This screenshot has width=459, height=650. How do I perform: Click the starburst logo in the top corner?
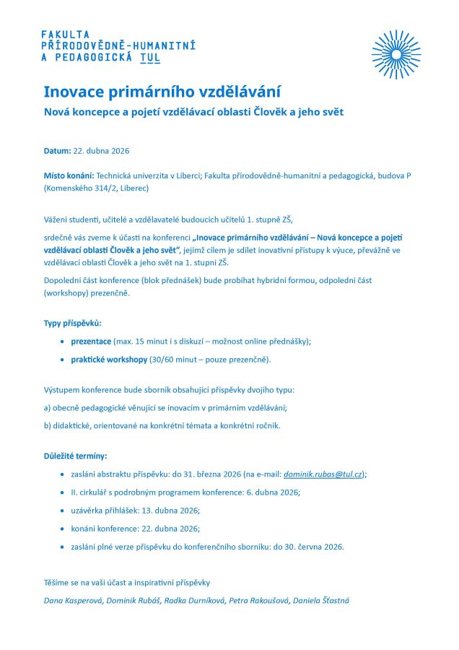[396, 54]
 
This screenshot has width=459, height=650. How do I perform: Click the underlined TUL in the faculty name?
[150, 58]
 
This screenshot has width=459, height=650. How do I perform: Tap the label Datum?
[57, 150]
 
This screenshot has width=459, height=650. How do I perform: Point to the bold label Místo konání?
[69, 175]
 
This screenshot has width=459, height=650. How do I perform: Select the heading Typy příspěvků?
[73, 323]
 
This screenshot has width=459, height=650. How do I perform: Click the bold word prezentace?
[91, 341]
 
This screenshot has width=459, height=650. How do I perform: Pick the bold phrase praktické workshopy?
[109, 359]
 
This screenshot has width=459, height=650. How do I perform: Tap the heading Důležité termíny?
[75, 456]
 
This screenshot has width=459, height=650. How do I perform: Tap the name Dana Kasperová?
[72, 600]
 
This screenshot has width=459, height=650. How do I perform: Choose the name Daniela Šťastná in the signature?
[321, 600]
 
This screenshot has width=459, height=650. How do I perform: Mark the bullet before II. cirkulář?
[64, 492]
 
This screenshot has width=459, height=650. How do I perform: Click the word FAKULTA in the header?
[66, 34]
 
